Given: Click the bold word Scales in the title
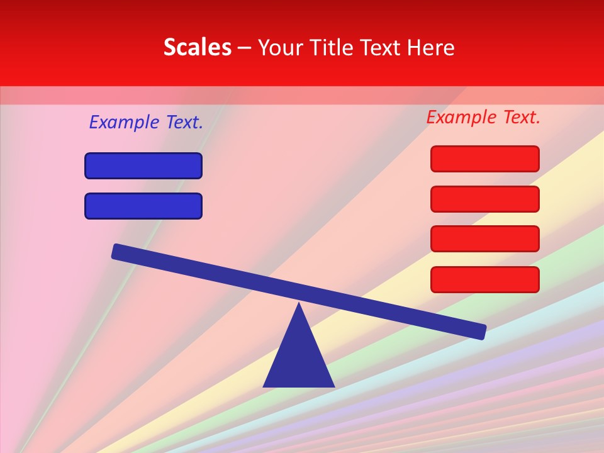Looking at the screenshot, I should pyautogui.click(x=198, y=48).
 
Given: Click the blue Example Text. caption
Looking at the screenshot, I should pyautogui.click(x=146, y=122).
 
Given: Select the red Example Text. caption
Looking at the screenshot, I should pyautogui.click(x=483, y=117).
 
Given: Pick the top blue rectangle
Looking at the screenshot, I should pyautogui.click(x=143, y=166).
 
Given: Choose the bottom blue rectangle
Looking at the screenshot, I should pyautogui.click(x=143, y=206).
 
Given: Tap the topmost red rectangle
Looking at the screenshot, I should pyautogui.click(x=485, y=159).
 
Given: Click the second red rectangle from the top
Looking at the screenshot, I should pyautogui.click(x=485, y=199).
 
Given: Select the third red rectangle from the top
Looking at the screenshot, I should pyautogui.click(x=485, y=239).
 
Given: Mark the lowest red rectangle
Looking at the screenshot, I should pyautogui.click(x=485, y=279).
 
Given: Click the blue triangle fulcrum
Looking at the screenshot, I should pyautogui.click(x=299, y=359).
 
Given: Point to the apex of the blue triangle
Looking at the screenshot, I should pyautogui.click(x=299, y=305).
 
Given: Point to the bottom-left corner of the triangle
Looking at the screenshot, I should pyautogui.click(x=264, y=386).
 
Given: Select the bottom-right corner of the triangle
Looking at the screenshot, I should pyautogui.click(x=333, y=386).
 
